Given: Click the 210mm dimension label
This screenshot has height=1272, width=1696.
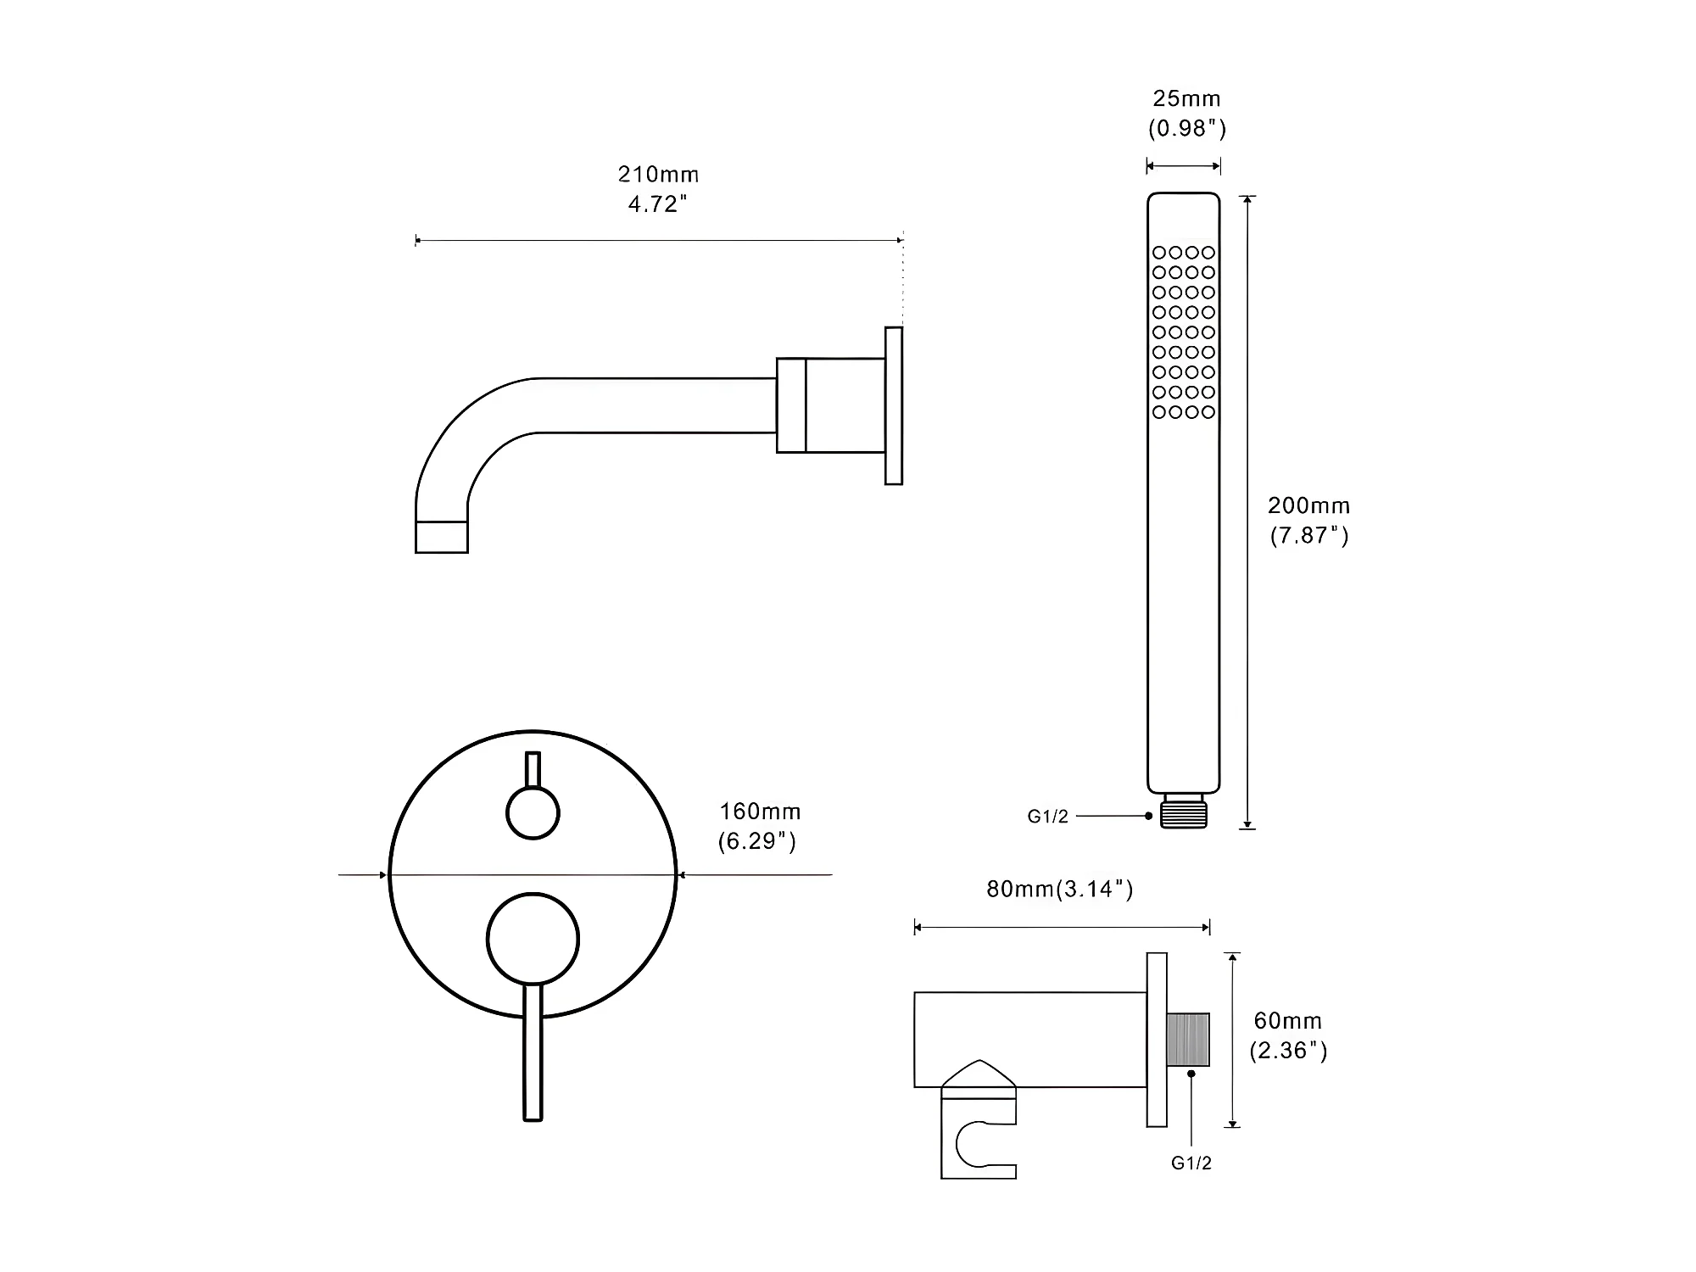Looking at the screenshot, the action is click(658, 175).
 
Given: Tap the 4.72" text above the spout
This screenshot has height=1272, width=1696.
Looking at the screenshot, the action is click(657, 204).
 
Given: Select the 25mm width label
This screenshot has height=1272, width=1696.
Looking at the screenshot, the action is click(1186, 99).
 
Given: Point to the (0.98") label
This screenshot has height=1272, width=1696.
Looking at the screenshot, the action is click(1187, 129).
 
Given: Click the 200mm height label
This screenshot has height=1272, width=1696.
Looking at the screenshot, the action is click(1308, 506).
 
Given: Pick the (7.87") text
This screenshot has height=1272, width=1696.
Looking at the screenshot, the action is click(1309, 536).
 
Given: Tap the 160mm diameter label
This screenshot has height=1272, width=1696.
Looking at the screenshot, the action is click(760, 812).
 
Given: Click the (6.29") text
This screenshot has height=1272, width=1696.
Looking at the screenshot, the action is click(757, 842).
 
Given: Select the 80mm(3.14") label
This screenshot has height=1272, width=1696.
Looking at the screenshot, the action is click(1060, 890).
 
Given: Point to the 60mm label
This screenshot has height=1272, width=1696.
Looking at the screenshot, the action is click(1288, 1021).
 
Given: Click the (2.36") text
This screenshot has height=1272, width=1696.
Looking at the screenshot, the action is click(1288, 1051).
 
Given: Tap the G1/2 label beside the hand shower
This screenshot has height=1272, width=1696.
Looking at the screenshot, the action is click(1048, 817).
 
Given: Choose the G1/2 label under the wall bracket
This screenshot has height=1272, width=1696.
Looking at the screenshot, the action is click(1191, 1163).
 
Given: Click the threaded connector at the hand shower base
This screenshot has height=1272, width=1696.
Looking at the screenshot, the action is click(1184, 812).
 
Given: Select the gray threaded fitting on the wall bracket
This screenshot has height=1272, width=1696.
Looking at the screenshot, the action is click(1188, 1039).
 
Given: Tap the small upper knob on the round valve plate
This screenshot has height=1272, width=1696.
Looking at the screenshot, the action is click(533, 812).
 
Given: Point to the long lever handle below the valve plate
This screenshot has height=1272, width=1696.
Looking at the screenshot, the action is click(533, 1053).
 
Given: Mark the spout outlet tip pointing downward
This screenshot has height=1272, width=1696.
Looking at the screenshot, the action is click(441, 537).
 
